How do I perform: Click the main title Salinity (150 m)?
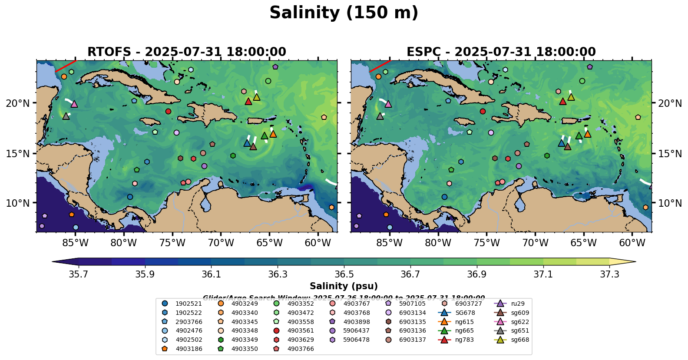tap(344, 13)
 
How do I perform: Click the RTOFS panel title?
tap(187, 52)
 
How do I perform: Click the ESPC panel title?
tap(501, 52)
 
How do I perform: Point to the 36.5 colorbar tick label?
tap(344, 274)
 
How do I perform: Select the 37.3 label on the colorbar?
tap(609, 274)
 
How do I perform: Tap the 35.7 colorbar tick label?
tap(79, 274)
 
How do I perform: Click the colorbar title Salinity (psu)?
tap(344, 286)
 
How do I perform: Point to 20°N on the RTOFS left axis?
tap(18, 103)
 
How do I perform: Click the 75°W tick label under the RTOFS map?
tap(172, 243)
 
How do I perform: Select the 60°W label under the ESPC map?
tap(632, 243)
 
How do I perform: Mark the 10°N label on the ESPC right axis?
tap(669, 203)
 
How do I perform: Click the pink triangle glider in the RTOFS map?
tap(74, 104)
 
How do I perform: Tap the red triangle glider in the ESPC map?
tap(563, 102)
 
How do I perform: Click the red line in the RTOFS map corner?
tap(65, 66)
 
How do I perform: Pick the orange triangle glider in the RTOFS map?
tap(273, 134)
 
